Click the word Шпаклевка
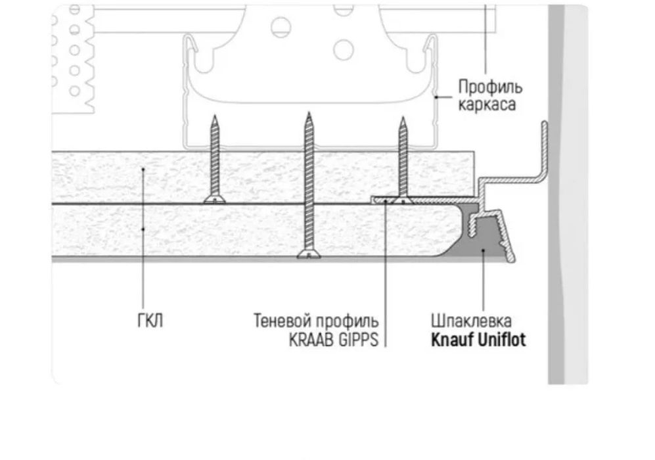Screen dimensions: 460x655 [x=471, y=322]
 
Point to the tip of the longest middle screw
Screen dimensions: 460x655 [x=308, y=115]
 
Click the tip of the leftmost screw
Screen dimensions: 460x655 [x=214, y=117]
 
